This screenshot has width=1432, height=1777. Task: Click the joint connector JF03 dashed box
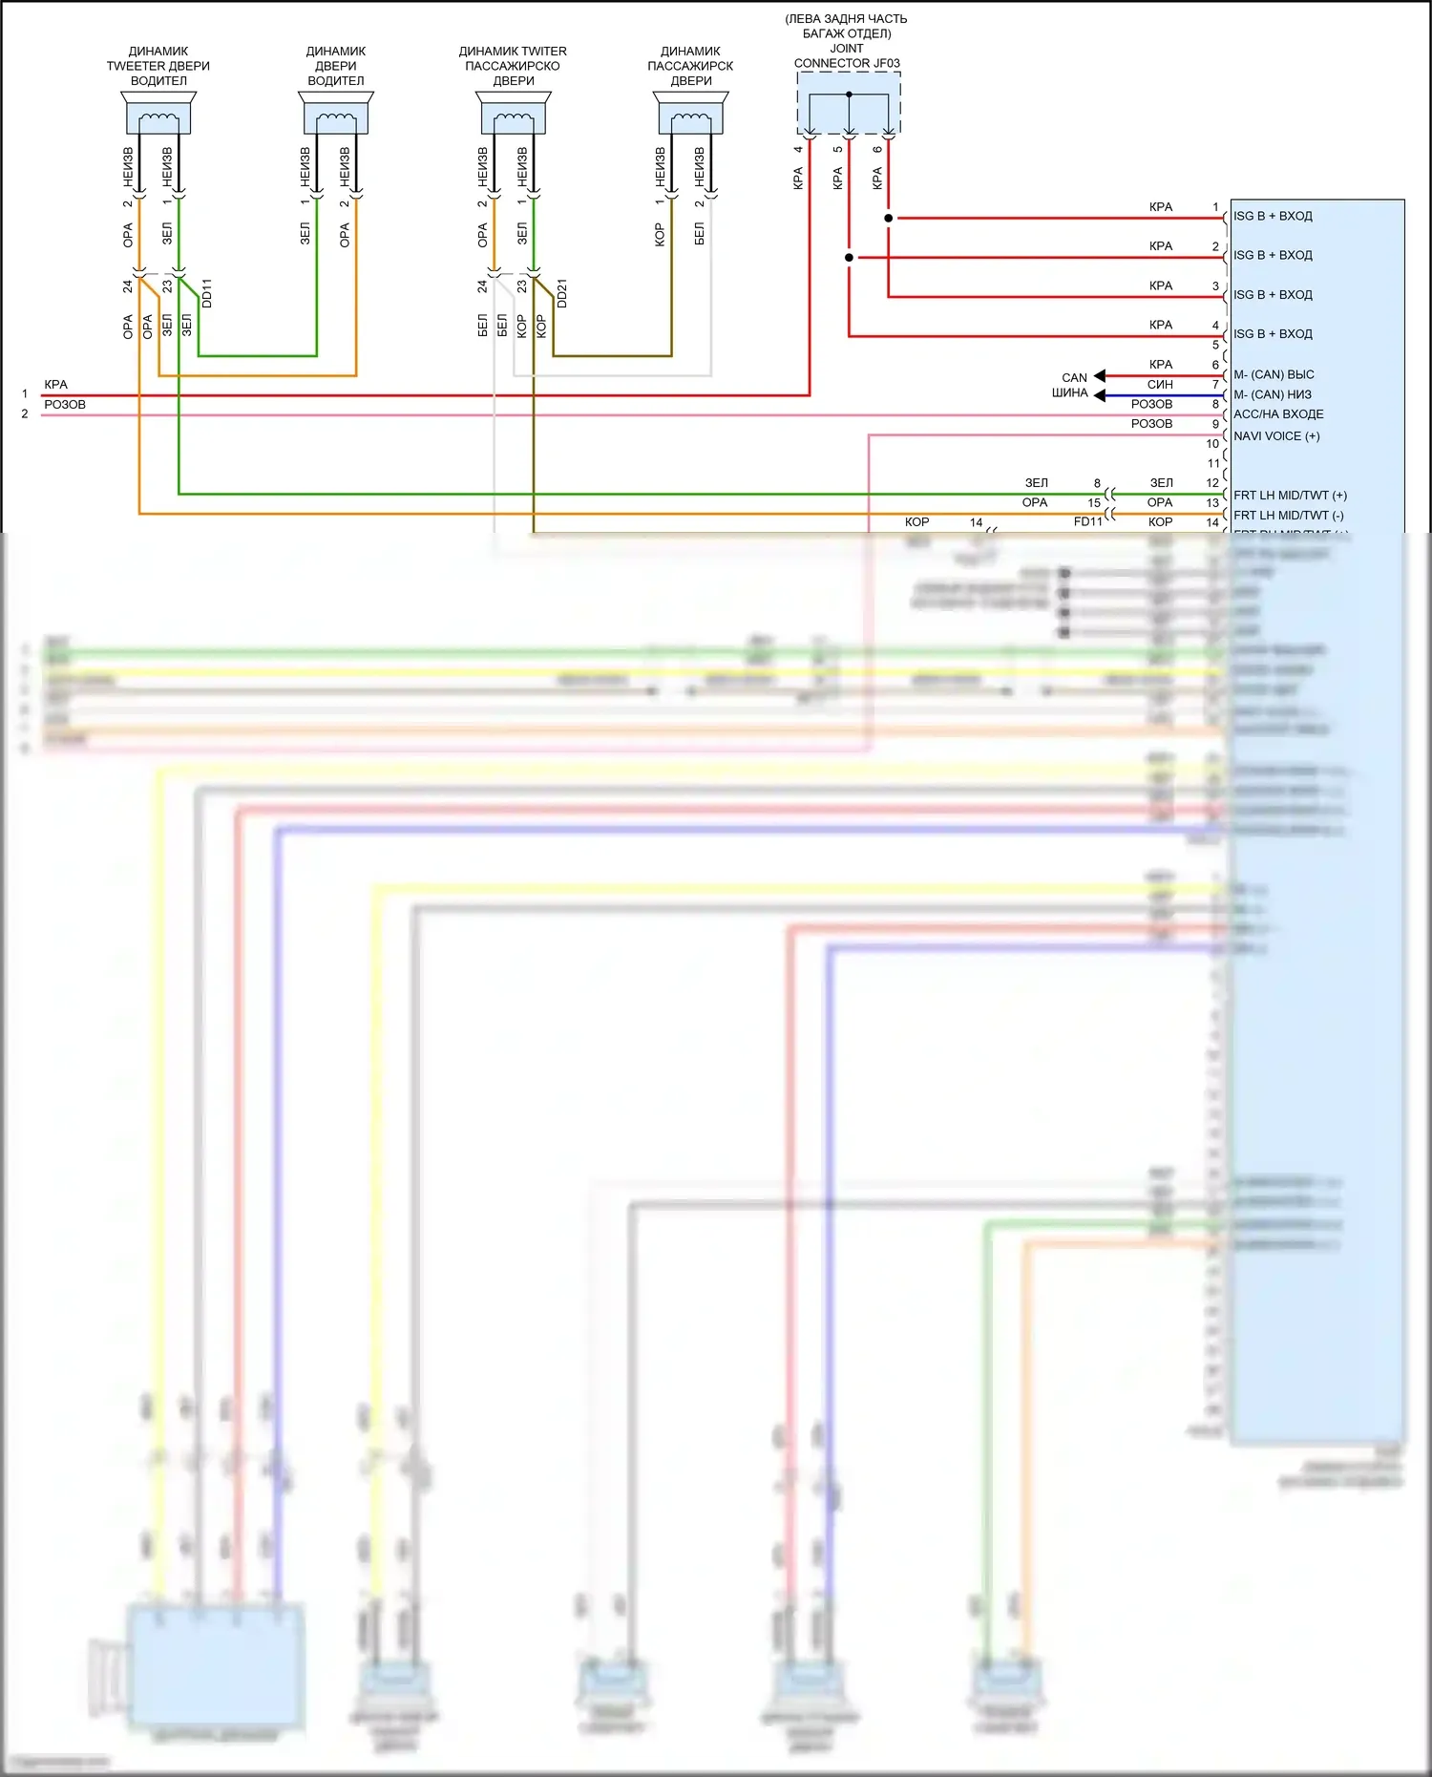pos(849,103)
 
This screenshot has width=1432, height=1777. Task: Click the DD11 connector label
pos(207,293)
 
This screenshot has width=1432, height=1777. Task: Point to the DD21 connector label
pos(562,293)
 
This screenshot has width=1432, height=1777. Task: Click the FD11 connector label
pos(1087,521)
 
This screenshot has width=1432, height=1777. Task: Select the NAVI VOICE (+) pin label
pos(1276,436)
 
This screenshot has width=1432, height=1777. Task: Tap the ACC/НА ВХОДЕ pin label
pos(1278,414)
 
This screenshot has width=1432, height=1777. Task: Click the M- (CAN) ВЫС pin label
pos(1274,374)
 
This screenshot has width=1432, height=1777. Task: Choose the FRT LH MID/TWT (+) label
pos(1290,496)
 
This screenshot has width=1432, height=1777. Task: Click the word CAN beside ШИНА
pos(1074,378)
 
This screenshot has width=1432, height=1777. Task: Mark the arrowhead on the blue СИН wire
pos(1100,395)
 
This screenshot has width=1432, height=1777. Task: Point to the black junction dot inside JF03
pos(849,95)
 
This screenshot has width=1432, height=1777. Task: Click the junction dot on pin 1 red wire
pos(889,219)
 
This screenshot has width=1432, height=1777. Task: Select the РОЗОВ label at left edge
pos(65,405)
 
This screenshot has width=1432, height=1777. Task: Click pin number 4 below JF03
pos(798,149)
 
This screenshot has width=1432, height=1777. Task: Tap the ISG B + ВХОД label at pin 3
pos(1273,295)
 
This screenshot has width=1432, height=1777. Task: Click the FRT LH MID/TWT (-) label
pos(1288,516)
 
